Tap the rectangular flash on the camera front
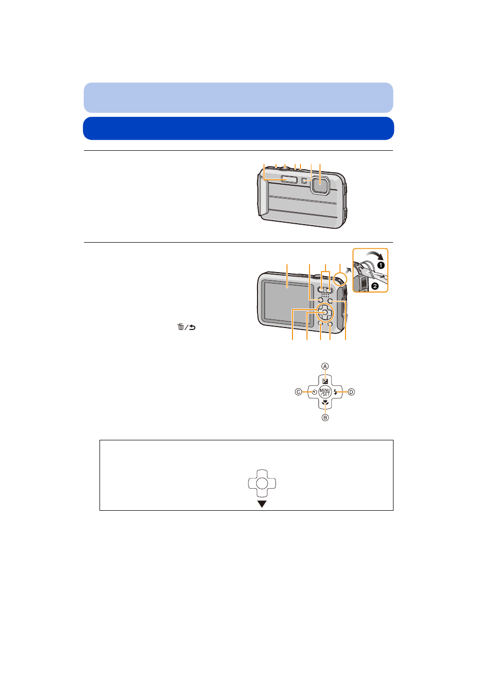(x=289, y=179)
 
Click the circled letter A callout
(x=324, y=366)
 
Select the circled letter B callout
(x=325, y=417)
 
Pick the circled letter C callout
(x=298, y=392)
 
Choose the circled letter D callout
(x=351, y=392)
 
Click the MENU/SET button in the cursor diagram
(x=324, y=392)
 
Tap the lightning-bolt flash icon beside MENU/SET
(x=335, y=392)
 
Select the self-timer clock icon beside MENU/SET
(x=314, y=392)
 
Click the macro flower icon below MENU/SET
(x=325, y=402)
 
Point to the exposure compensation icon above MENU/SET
(x=325, y=381)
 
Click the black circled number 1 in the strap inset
(x=380, y=265)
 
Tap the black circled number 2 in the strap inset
(x=374, y=286)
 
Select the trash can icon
(x=180, y=327)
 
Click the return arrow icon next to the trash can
(x=192, y=327)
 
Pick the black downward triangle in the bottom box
(x=262, y=504)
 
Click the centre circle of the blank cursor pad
(x=262, y=483)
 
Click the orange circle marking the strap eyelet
(x=340, y=278)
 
